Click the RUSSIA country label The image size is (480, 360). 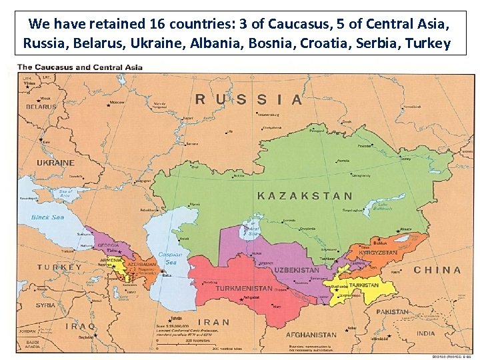(249, 99)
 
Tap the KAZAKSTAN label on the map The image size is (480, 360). (305, 196)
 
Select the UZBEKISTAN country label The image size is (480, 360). (297, 270)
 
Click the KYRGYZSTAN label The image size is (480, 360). (378, 253)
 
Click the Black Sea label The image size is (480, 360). (49, 217)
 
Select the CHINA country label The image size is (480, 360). (437, 270)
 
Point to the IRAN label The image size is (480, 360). (213, 322)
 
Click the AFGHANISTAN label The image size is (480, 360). (311, 335)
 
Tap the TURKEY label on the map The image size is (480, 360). (59, 267)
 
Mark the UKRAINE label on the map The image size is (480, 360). (55, 162)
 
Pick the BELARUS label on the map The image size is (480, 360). (41, 106)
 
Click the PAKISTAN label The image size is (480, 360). (392, 311)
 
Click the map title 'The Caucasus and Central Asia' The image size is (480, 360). (79, 67)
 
